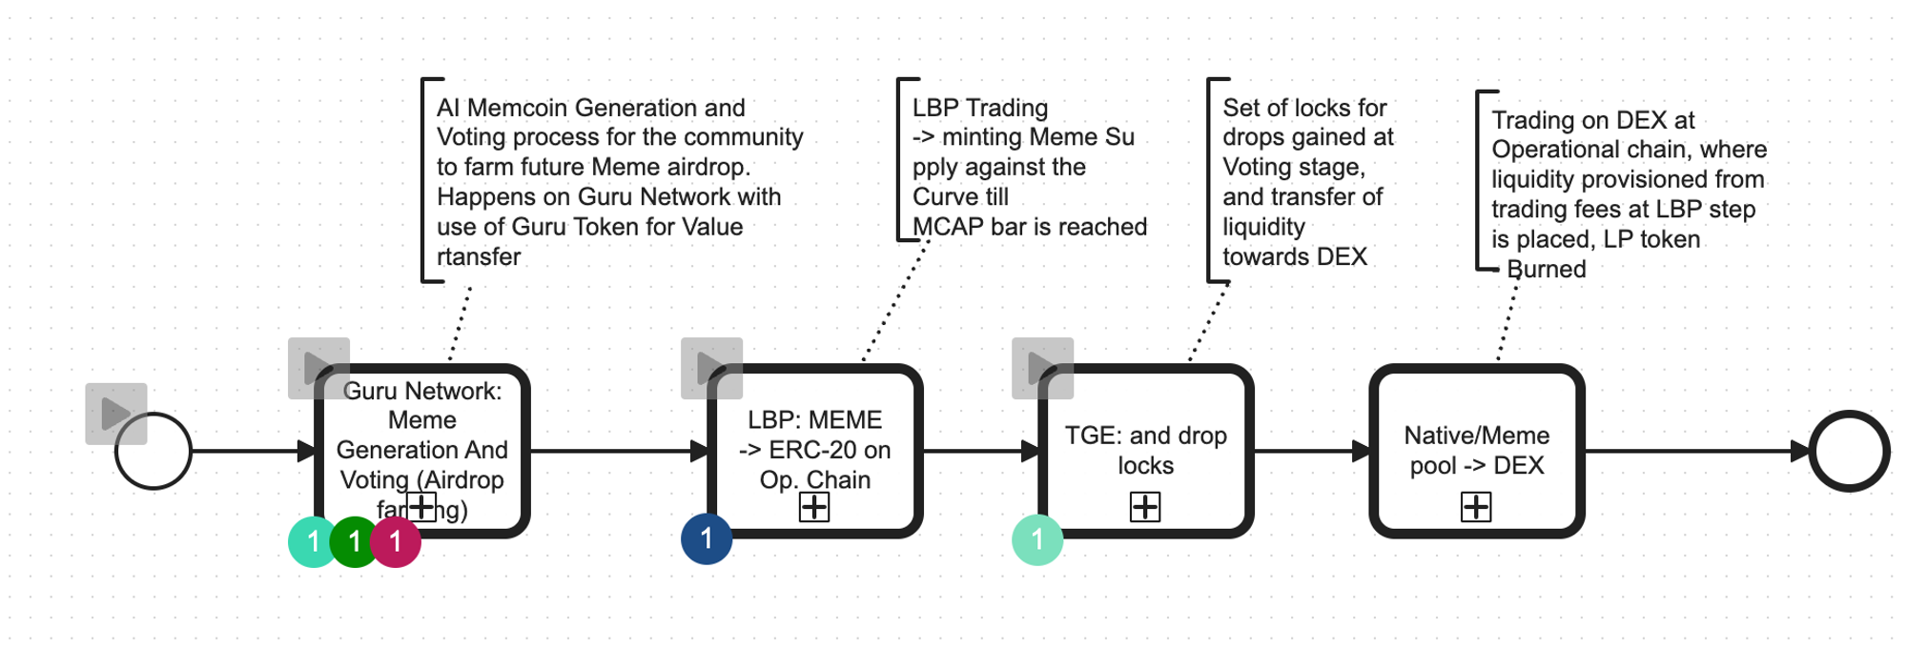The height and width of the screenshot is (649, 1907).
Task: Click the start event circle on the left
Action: [x=154, y=451]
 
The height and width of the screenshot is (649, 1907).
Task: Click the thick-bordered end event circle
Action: [x=1849, y=451]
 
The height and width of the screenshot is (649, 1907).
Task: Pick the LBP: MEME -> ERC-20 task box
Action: [x=815, y=438]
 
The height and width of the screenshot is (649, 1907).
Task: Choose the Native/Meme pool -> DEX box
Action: [x=1476, y=438]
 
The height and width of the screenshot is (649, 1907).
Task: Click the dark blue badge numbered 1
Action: [x=707, y=538]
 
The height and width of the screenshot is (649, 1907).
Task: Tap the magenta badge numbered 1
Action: [x=396, y=542]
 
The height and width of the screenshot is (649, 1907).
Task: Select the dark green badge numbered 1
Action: [x=354, y=542]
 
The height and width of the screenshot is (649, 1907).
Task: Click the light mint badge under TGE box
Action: [x=1037, y=539]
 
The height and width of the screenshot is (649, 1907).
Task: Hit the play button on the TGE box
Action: [x=1042, y=368]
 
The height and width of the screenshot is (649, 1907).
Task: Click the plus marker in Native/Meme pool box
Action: [x=1476, y=507]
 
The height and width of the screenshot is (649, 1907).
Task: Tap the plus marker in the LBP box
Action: [x=814, y=507]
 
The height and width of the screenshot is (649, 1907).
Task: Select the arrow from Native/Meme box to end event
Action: [x=1697, y=451]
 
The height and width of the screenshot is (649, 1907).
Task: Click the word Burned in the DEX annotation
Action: [x=1547, y=270]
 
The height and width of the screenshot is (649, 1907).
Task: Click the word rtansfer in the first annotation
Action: [x=479, y=257]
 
